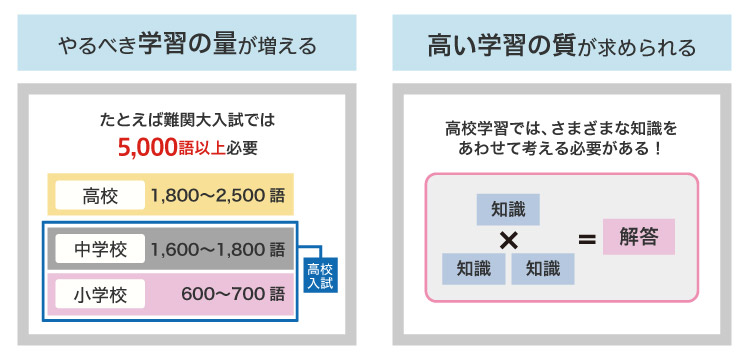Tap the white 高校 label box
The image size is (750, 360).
pos(100,195)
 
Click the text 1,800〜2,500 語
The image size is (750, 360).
pos(218,195)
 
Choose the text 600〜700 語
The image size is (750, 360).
pos(233,294)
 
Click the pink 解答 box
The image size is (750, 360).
pos(639,237)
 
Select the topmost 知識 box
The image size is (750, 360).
pos(508,210)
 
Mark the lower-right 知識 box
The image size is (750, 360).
pos(543,267)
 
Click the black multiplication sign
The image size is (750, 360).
pos(508,240)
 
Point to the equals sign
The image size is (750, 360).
pos(587,239)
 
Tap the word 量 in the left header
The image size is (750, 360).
pos(219,45)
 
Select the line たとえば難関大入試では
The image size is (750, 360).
pos(187,120)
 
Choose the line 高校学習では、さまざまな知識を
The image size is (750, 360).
pos(561,129)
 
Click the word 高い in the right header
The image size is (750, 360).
pos(444,45)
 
